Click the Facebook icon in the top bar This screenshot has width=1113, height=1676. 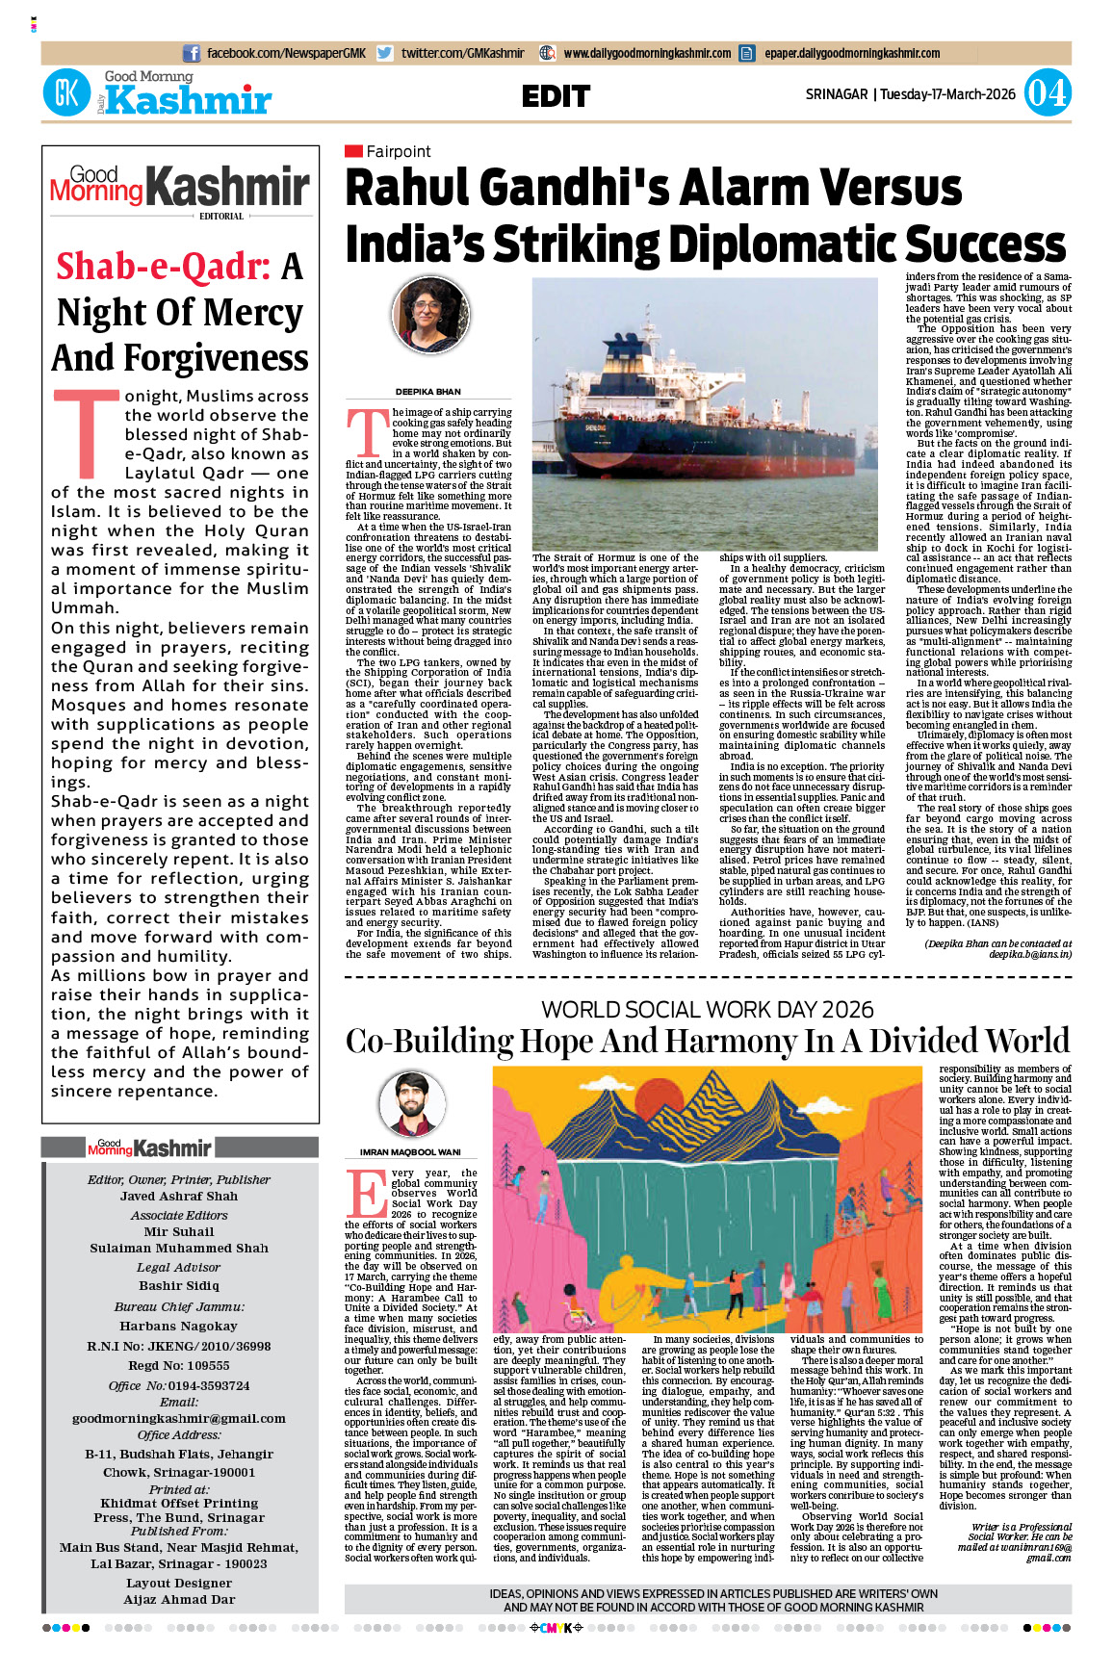192,54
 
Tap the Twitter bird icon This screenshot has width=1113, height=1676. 385,54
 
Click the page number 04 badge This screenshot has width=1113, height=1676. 1046,94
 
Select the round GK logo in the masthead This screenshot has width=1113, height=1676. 66,94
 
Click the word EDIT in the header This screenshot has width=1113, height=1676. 556,96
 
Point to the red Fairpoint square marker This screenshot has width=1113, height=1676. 353,151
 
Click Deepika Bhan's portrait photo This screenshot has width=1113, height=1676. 430,316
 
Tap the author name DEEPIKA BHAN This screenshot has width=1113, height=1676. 427,392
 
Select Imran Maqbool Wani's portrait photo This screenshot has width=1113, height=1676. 412,1103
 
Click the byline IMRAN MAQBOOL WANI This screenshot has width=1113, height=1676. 410,1152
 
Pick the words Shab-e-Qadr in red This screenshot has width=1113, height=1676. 163,267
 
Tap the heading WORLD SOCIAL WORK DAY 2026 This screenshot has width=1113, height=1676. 707,1010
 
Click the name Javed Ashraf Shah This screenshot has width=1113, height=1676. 179,1197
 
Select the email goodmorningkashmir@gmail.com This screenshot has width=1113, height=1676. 179,1418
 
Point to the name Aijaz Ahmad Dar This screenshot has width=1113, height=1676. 179,1599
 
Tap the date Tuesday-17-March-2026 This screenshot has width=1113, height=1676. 947,94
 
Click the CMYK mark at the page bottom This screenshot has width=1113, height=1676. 556,1628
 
